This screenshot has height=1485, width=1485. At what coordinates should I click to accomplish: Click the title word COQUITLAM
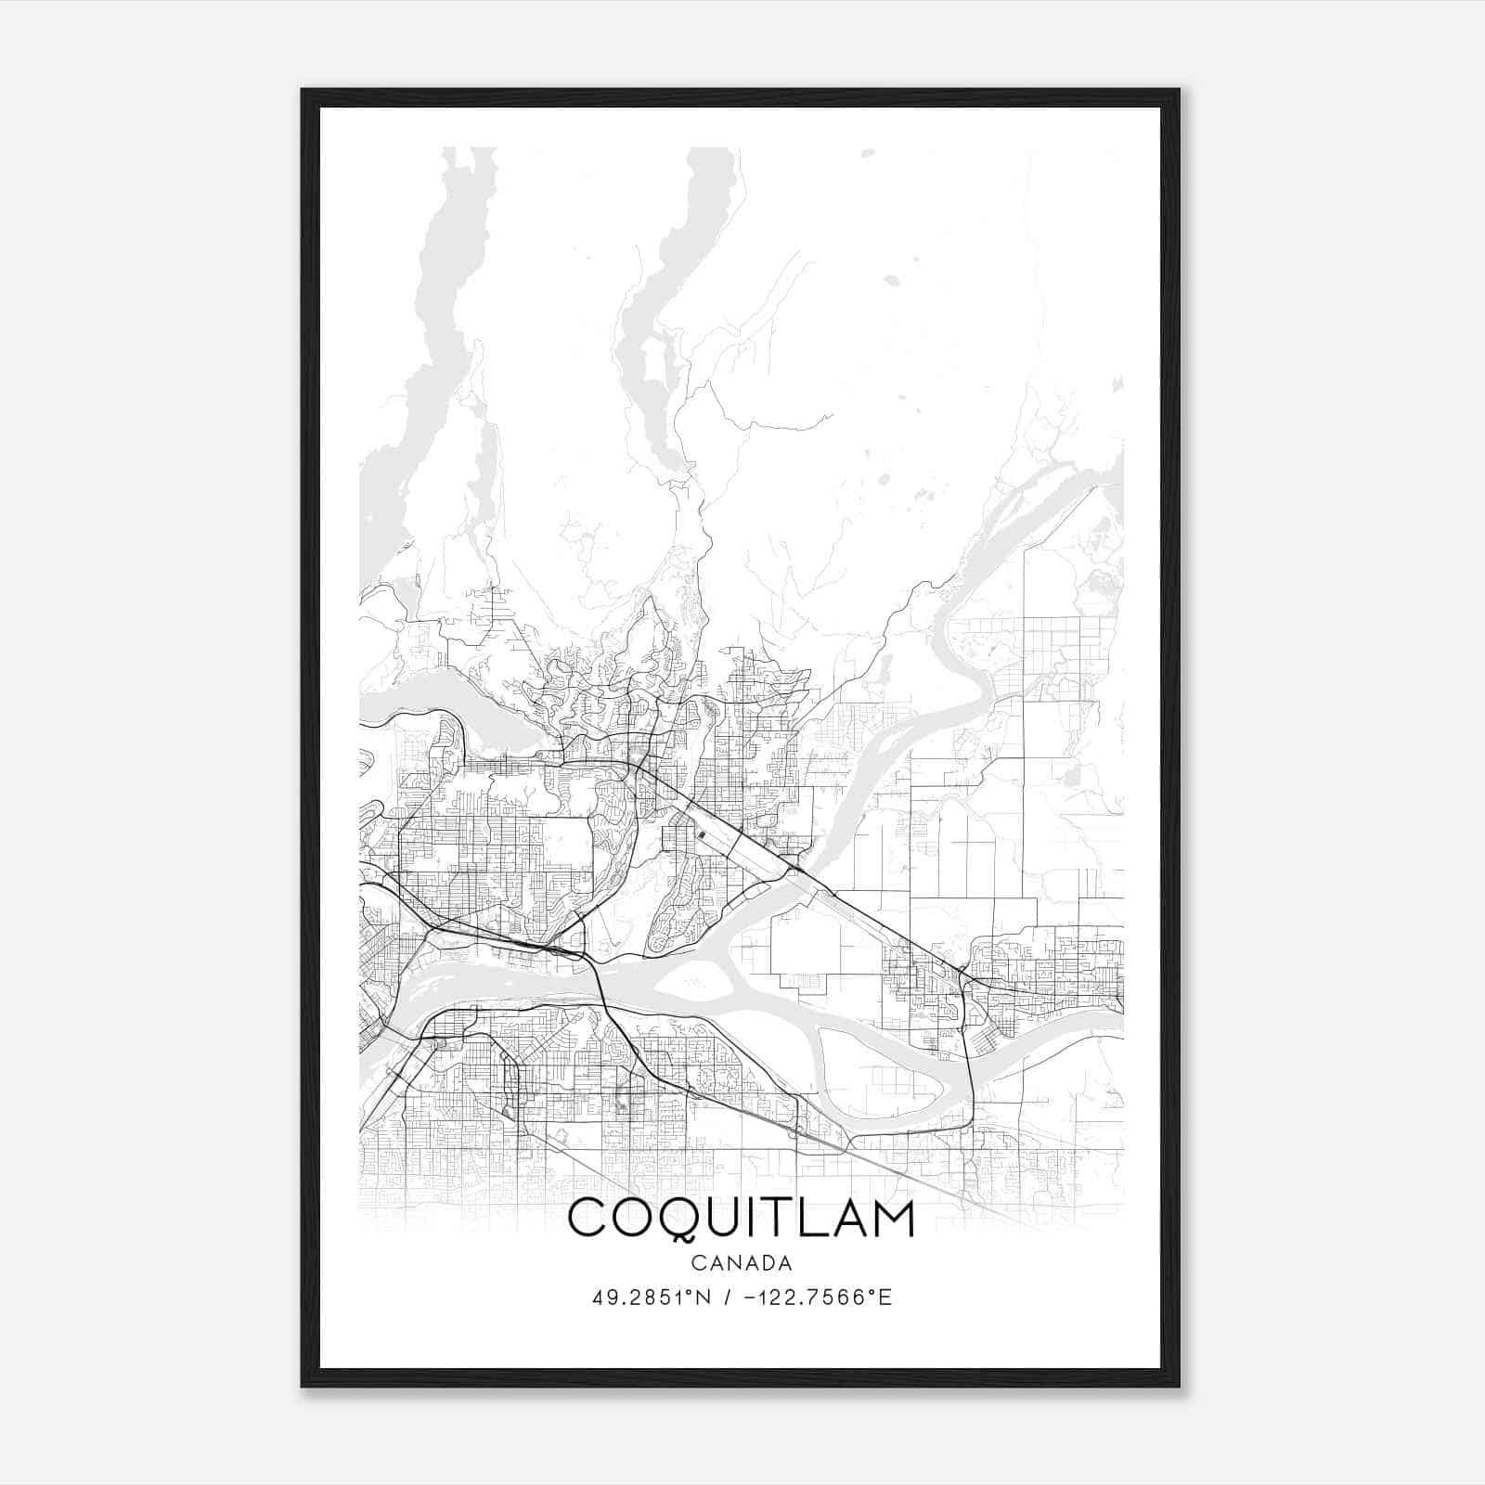tap(741, 1219)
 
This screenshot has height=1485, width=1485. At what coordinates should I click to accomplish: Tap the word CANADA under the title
tap(741, 1263)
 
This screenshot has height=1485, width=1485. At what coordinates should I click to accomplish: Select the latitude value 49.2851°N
tap(652, 1298)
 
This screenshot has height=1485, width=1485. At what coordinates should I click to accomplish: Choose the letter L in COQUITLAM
tap(809, 1219)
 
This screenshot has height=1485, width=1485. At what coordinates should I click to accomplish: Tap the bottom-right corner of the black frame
tap(1178, 1385)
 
